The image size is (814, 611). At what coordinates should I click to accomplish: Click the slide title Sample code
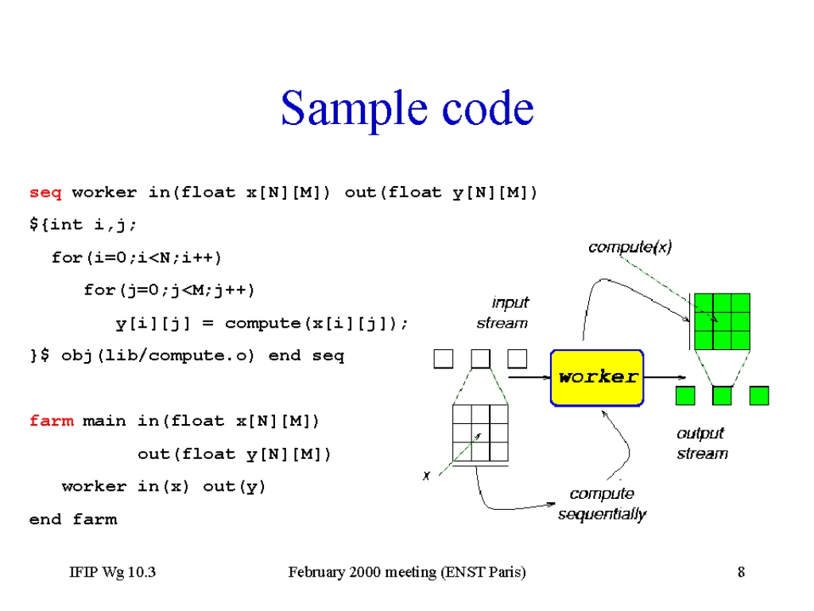coord(407,108)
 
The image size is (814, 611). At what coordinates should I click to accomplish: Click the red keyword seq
coord(45,193)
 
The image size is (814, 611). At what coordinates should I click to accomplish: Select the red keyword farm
coord(52,420)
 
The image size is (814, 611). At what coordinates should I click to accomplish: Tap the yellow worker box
coord(597,378)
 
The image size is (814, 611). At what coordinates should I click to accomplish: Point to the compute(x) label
coord(630,247)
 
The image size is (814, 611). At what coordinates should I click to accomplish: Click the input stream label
coord(502,313)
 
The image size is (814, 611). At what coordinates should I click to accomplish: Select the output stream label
coord(702,443)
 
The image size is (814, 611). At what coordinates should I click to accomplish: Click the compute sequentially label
coord(603,504)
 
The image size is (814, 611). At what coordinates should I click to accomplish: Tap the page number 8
coord(741,572)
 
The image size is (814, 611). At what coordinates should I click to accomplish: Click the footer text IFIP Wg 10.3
coord(113,572)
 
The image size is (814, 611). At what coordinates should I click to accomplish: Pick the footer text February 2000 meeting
coord(362,572)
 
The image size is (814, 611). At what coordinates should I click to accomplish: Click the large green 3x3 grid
coord(722,321)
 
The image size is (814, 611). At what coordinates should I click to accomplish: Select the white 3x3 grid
coord(480,433)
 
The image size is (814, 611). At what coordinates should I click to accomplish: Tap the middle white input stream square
coord(480,359)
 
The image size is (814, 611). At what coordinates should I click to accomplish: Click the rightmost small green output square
coord(759,396)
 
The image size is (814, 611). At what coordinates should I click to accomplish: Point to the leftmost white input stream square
coord(444,359)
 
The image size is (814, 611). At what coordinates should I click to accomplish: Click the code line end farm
coord(73,519)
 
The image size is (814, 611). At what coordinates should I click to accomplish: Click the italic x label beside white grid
coord(426,476)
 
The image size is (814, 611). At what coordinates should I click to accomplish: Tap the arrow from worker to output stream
coord(665,377)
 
